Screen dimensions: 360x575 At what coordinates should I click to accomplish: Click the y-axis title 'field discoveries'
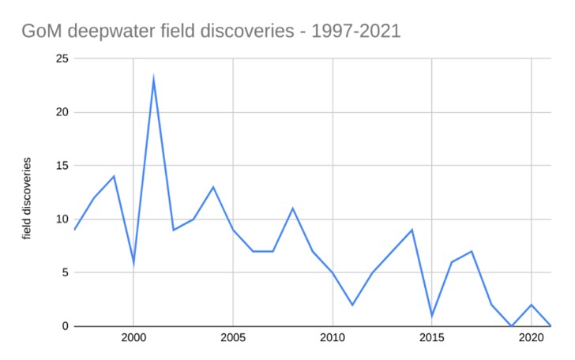tap(27, 198)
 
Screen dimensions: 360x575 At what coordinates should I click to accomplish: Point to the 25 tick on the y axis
tap(61, 58)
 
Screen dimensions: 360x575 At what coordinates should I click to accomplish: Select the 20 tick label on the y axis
tap(61, 112)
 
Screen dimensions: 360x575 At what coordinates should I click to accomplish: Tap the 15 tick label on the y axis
tap(61, 166)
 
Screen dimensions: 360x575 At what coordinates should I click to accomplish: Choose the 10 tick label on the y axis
tap(61, 219)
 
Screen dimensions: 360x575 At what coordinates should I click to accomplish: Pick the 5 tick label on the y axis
tap(64, 272)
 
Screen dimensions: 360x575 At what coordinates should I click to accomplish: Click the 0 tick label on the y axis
tap(64, 326)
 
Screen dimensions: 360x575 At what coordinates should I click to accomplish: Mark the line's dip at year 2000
tap(133, 262)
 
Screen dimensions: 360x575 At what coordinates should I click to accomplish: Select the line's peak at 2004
tap(213, 187)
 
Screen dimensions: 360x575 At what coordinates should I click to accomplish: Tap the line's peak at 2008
tap(293, 208)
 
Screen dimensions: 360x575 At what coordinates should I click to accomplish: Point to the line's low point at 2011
tap(352, 305)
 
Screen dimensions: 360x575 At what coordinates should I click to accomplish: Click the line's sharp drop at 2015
tap(432, 316)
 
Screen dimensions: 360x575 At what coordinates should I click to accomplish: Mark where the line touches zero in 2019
tap(512, 325)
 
